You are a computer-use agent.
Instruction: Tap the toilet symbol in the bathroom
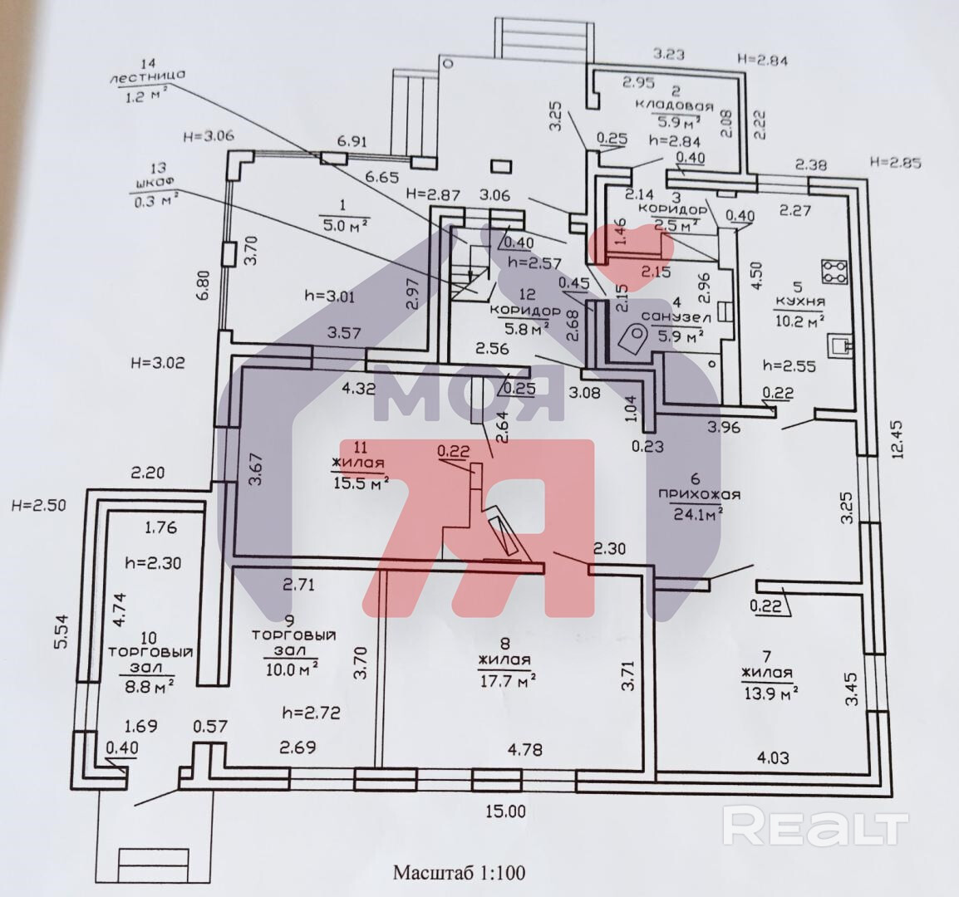coord(634,339)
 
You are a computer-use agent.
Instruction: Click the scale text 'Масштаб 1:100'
coord(459,873)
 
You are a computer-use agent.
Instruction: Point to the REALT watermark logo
coord(814,826)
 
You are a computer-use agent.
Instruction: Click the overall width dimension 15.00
coord(504,811)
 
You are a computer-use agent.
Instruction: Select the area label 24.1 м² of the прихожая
coord(696,512)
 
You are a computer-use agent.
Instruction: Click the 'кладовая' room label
coord(674,105)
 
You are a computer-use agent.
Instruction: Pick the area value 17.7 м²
coord(506,682)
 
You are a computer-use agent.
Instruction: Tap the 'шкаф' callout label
coord(150,185)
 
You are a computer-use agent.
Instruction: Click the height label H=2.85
coord(894,163)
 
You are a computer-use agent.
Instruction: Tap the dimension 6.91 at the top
coord(352,143)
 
